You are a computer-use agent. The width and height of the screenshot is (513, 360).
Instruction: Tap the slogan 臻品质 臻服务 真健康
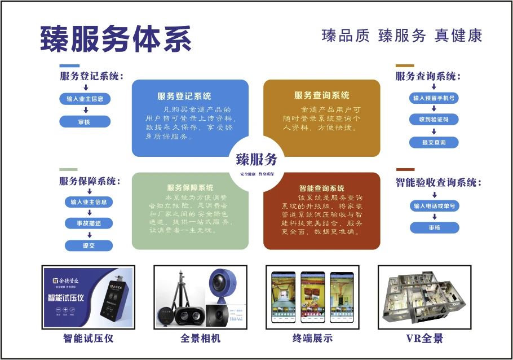click(x=401, y=36)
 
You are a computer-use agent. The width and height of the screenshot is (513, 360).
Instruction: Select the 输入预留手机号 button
click(x=434, y=98)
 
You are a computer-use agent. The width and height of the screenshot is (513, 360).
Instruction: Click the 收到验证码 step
click(x=434, y=120)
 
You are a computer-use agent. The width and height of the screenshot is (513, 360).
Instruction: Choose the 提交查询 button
click(x=434, y=143)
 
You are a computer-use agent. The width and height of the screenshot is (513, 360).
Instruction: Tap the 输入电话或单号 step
click(x=434, y=206)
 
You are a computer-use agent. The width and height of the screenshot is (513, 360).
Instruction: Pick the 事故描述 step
click(x=89, y=223)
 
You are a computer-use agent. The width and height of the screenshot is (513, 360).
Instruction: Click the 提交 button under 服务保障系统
click(x=89, y=245)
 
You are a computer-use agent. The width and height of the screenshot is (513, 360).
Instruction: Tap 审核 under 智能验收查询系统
click(x=434, y=228)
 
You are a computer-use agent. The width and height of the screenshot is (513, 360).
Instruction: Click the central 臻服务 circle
click(x=256, y=162)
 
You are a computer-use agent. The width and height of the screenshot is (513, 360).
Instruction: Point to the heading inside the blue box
click(x=184, y=96)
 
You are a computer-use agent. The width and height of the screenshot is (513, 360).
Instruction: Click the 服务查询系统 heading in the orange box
click(x=321, y=95)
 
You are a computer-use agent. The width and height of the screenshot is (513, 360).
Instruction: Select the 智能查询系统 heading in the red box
click(x=321, y=188)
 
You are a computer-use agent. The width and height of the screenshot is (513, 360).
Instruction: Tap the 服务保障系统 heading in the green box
click(x=190, y=187)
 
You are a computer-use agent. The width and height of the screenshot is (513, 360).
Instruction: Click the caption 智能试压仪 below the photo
click(x=89, y=339)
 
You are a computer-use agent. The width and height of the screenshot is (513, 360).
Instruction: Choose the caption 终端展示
click(x=312, y=339)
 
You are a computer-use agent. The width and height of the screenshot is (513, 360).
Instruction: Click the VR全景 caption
click(x=424, y=339)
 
